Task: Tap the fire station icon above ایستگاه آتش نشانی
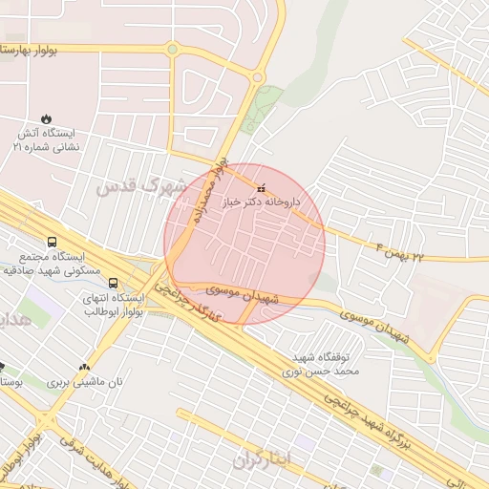tap(47, 119)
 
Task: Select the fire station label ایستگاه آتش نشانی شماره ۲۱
tap(47, 140)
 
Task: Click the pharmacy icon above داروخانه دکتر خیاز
tap(262, 190)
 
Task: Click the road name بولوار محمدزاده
tap(208, 191)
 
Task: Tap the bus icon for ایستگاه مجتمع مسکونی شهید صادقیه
tap(52, 243)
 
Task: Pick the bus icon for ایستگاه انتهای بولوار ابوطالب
tap(114, 284)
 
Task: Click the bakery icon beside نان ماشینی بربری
tap(85, 367)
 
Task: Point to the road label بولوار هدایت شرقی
tap(90, 459)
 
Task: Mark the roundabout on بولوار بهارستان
tap(172, 49)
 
